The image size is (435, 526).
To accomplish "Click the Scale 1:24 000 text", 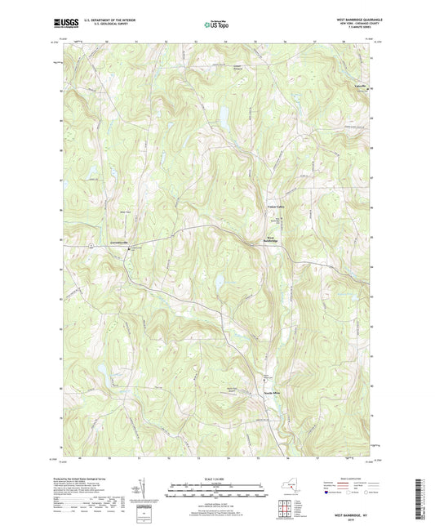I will tap(216, 478).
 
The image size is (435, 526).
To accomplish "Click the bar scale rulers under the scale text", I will tap(216, 492).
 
